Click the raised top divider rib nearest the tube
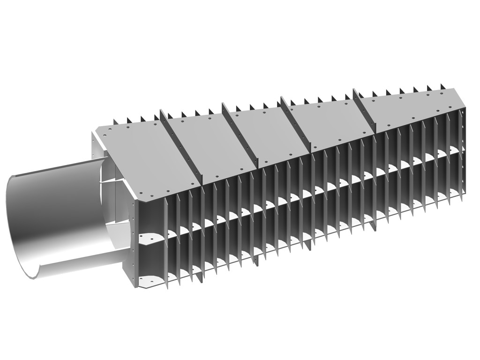180,145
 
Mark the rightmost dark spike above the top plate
441,86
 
